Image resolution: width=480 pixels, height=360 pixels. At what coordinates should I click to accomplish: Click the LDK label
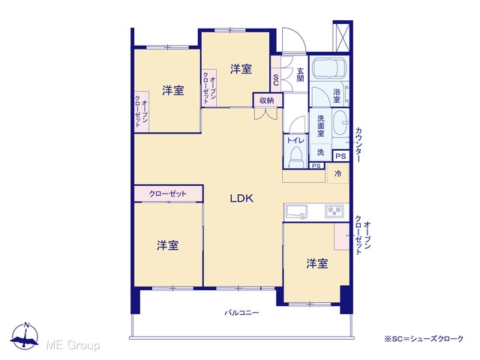pos(241,199)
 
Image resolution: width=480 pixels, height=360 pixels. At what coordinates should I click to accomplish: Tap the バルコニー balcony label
pos(241,313)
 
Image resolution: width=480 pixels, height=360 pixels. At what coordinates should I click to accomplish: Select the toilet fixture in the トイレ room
pos(296,157)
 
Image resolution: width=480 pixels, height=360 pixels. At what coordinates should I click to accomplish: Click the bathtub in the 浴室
pos(329,67)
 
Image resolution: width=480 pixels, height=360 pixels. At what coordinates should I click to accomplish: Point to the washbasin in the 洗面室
pos(340,123)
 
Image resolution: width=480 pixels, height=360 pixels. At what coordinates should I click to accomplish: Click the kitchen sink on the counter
pos(296,211)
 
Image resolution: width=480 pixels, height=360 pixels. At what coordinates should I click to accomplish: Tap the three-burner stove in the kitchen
pos(334,211)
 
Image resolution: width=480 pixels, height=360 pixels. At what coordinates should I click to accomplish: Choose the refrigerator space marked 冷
pos(338,173)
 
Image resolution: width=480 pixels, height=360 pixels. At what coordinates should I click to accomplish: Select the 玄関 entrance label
pos(300,74)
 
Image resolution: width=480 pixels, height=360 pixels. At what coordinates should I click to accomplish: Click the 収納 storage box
pos(268,100)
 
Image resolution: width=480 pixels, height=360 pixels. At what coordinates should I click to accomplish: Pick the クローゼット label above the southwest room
pos(168,193)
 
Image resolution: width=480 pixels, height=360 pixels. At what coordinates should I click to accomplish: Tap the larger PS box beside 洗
pos(340,156)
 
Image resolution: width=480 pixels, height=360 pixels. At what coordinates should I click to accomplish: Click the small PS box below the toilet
pos(316,166)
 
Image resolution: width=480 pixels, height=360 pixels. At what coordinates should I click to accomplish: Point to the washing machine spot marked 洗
pos(320,151)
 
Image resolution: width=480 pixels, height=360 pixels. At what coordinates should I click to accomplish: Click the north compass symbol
pos(25,335)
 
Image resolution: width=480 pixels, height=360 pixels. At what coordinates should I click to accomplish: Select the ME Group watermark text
pos(73,345)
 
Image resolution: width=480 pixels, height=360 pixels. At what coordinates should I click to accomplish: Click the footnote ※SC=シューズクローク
pos(424,339)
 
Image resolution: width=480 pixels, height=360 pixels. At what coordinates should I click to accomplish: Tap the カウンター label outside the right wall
pos(358,145)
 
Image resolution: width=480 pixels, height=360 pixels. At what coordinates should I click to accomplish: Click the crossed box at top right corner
pos(343,37)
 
